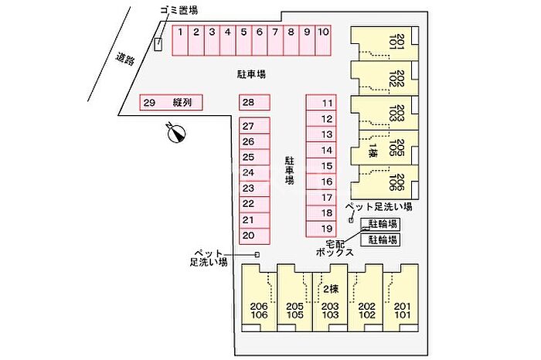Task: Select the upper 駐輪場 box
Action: click(381, 224)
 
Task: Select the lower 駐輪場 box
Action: click(381, 239)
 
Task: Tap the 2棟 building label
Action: click(331, 289)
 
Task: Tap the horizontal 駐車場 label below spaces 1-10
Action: click(252, 74)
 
